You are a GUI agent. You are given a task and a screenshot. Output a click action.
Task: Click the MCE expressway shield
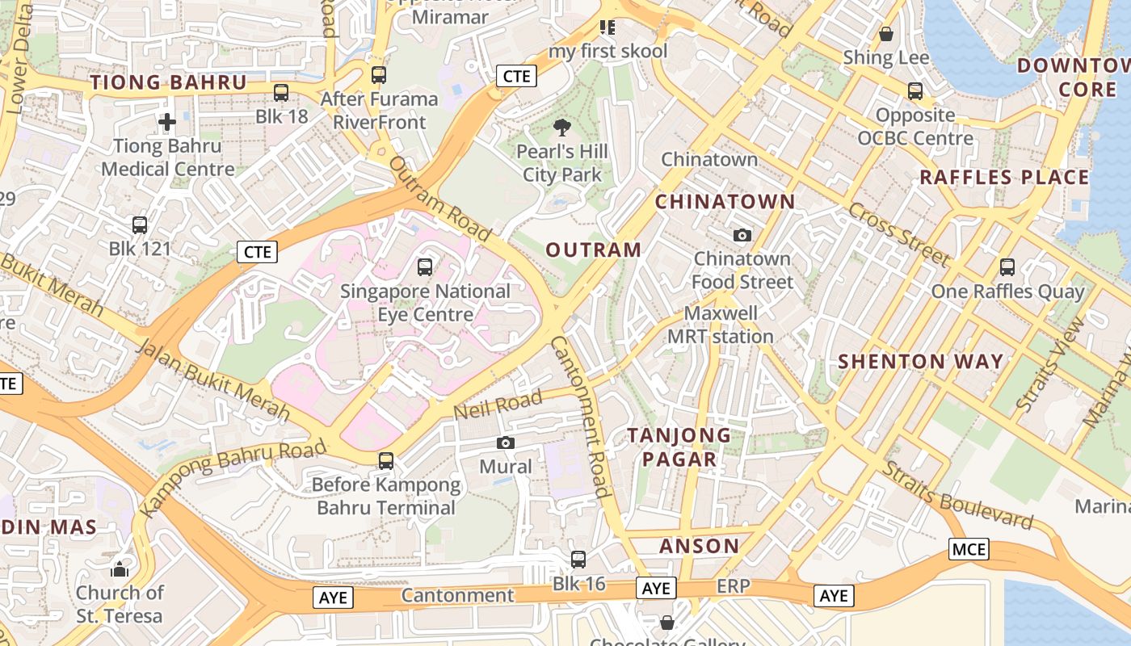pyautogui.click(x=969, y=550)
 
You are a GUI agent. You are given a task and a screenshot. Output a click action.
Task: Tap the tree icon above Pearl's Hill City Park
pyautogui.click(x=561, y=127)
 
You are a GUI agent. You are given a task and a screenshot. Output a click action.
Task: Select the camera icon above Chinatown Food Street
pyautogui.click(x=742, y=235)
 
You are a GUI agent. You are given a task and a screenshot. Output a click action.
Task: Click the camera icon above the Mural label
pyautogui.click(x=506, y=443)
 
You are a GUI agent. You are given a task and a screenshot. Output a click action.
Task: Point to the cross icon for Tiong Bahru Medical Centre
pyautogui.click(x=167, y=123)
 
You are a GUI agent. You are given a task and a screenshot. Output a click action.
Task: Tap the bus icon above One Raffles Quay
pyautogui.click(x=1007, y=267)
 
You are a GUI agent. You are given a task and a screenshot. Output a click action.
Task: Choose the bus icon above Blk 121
pyautogui.click(x=140, y=224)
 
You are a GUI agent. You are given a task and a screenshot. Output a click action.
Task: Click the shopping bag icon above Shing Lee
pyautogui.click(x=886, y=34)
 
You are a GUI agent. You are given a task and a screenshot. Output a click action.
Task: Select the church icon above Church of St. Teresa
pyautogui.click(x=120, y=569)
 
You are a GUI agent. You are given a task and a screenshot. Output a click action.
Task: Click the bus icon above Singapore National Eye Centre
pyautogui.click(x=425, y=266)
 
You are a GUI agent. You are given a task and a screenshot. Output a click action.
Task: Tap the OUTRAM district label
pyautogui.click(x=594, y=250)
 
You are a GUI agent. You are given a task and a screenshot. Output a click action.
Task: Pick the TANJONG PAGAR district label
pyautogui.click(x=679, y=447)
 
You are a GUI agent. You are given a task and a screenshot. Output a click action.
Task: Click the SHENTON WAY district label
pyautogui.click(x=920, y=361)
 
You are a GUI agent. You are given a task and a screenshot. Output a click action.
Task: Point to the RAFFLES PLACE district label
pyautogui.click(x=1005, y=178)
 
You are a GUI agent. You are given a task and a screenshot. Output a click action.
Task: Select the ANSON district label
pyautogui.click(x=699, y=546)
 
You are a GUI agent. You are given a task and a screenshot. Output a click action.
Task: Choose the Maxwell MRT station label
pyautogui.click(x=721, y=325)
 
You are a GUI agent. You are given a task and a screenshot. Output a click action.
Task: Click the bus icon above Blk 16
pyautogui.click(x=578, y=560)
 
